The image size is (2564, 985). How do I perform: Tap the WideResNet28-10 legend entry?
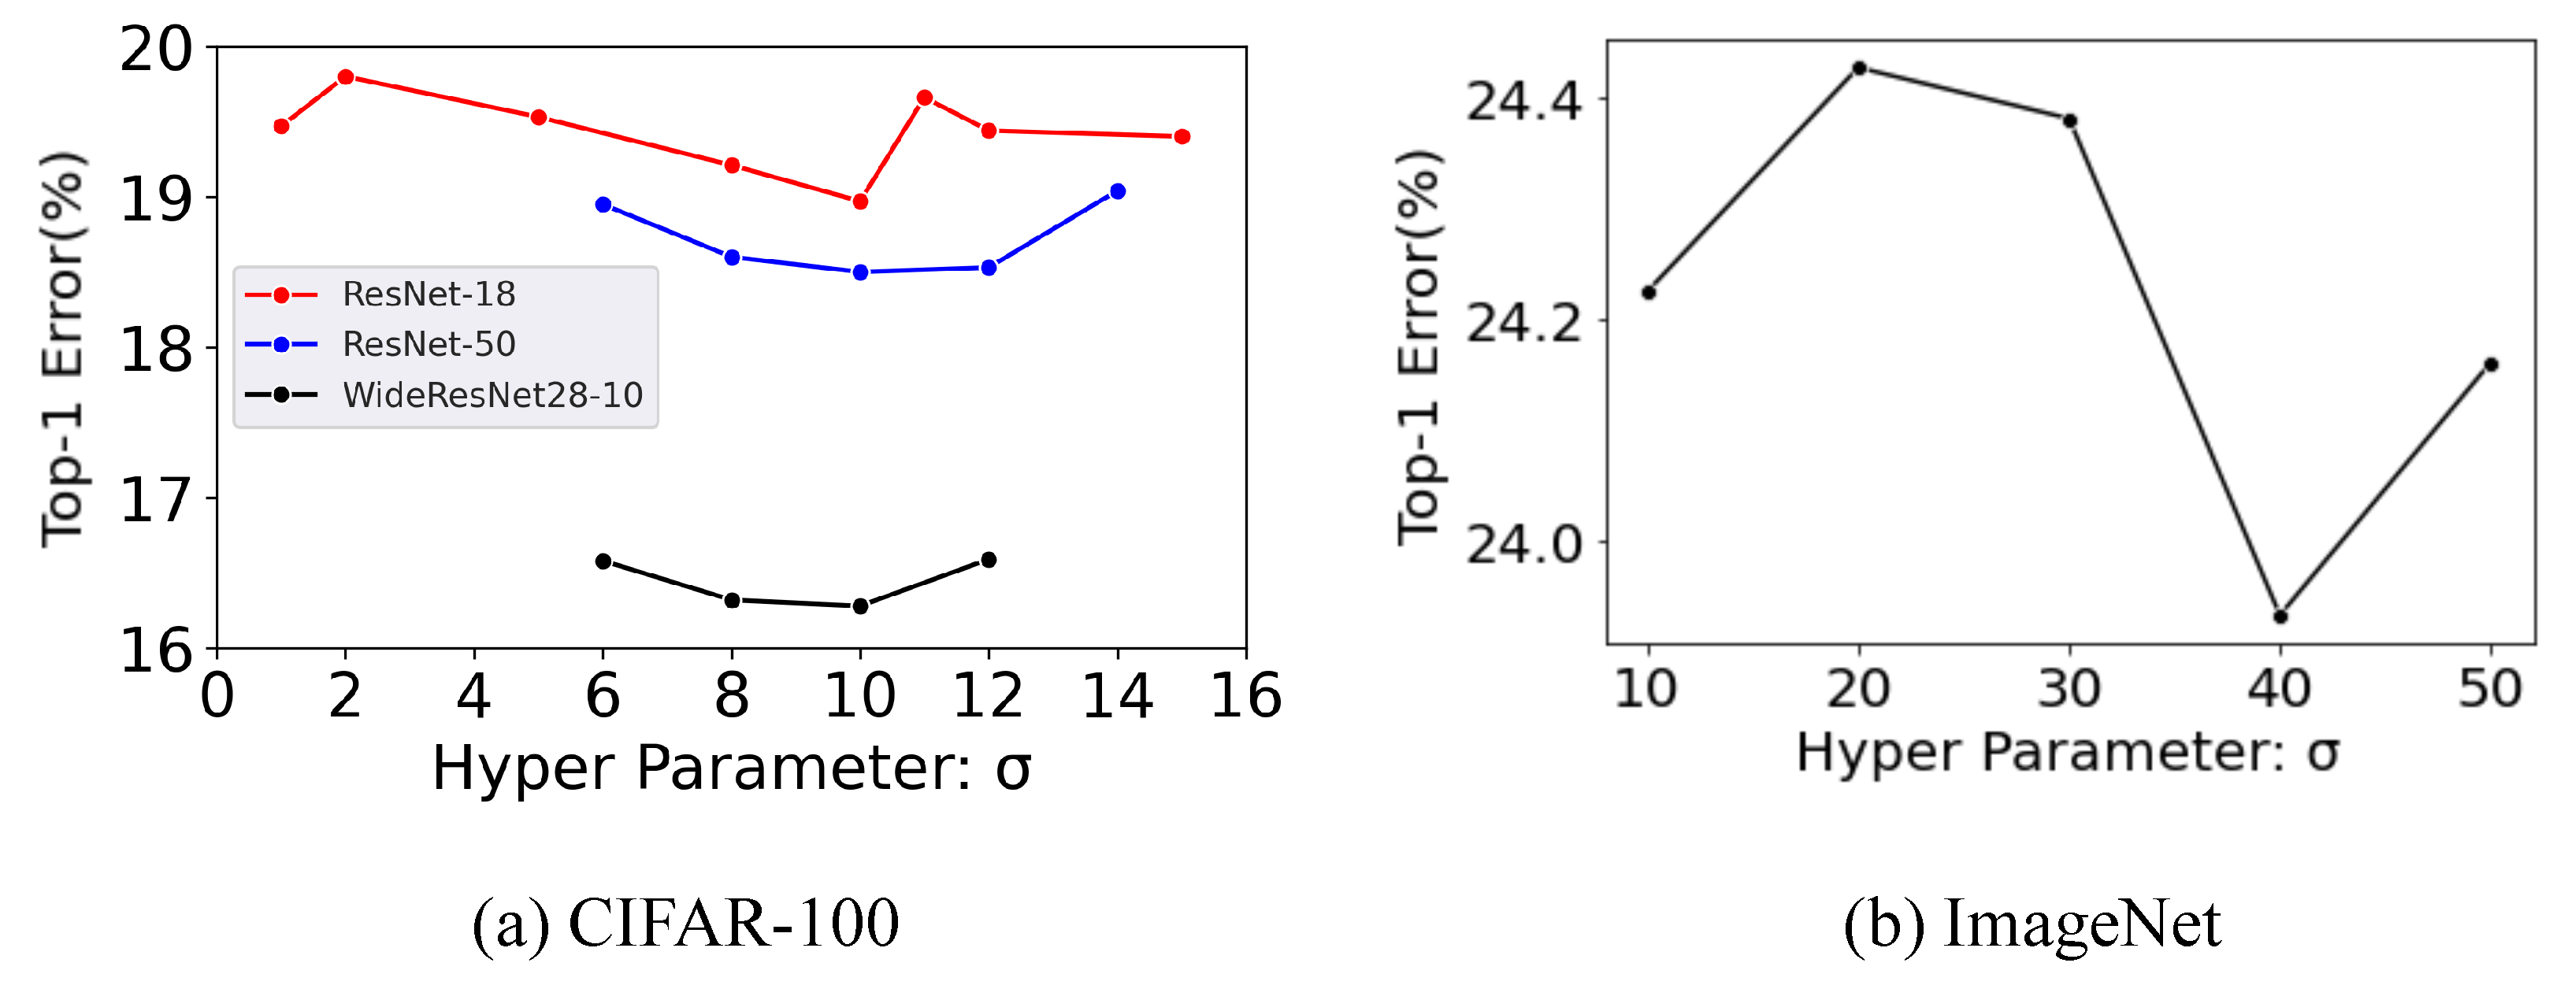[492, 395]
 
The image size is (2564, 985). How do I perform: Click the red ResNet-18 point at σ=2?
[345, 76]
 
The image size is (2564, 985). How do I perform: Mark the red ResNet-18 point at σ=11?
[925, 98]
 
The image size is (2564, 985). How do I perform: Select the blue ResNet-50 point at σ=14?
[1118, 191]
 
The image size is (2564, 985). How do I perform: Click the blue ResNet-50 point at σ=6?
[603, 205]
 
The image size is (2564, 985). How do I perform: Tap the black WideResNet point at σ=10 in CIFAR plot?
[860, 606]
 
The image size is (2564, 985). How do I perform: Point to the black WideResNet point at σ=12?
[989, 560]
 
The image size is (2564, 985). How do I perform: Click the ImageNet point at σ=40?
[2280, 617]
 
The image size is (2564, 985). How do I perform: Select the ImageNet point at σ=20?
[1859, 68]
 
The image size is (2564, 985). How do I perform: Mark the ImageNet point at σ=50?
[2492, 364]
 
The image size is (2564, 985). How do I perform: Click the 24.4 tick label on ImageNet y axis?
[1523, 101]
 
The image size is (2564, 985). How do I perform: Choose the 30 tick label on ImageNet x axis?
[2069, 688]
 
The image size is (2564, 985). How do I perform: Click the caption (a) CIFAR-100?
[686, 924]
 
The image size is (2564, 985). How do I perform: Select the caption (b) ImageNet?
[2032, 924]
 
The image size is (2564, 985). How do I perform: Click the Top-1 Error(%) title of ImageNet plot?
[1419, 348]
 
